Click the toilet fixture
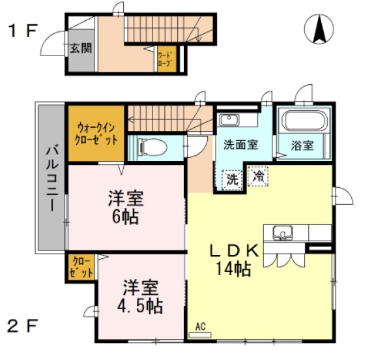[x=151, y=147]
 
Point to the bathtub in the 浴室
[x=304, y=121]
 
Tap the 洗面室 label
[x=240, y=145]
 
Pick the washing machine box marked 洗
[x=233, y=179]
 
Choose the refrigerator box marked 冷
[x=259, y=175]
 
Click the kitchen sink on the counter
[x=283, y=232]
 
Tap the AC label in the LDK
[x=200, y=327]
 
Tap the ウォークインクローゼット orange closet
[x=96, y=134]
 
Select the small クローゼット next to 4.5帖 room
[x=82, y=267]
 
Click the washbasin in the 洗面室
[x=229, y=120]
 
